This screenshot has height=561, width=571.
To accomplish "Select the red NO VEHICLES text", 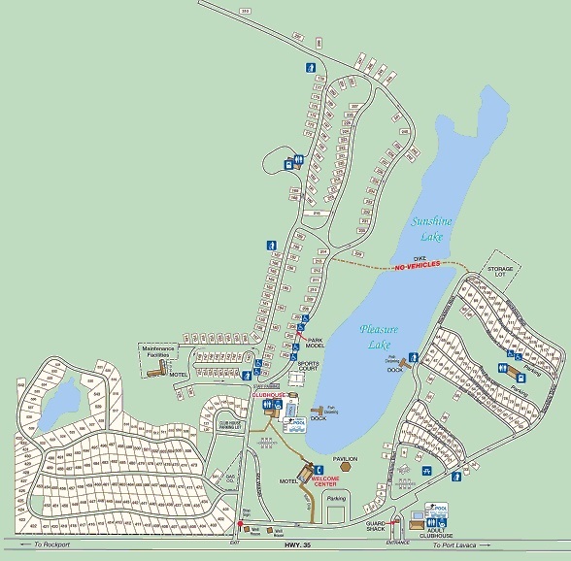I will click(x=418, y=265).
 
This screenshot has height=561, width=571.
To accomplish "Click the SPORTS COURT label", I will click(x=308, y=367).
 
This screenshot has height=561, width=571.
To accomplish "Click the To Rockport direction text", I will click(x=52, y=545).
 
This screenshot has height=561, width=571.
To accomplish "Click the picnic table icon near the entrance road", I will click(x=426, y=472).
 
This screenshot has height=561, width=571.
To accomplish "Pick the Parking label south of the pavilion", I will click(x=336, y=499).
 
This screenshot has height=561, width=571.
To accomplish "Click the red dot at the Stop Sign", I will click(x=239, y=525).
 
